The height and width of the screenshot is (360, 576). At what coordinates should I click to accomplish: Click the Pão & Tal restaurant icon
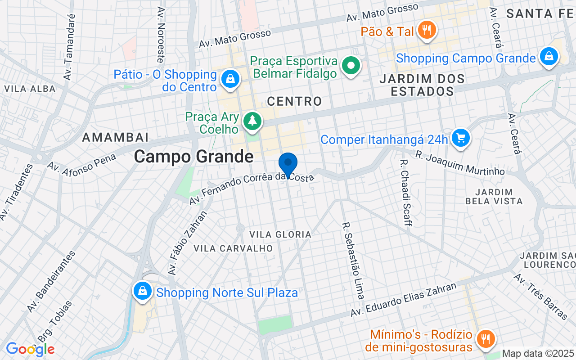pos(425,31)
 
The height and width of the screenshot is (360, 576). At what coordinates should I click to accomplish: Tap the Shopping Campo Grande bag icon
pos(549,57)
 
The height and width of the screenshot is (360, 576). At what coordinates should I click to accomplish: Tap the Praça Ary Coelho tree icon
pos(252,121)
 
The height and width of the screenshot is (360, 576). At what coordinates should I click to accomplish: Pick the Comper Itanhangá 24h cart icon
pos(460,138)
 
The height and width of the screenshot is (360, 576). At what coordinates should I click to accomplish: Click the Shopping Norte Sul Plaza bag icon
pos(143,291)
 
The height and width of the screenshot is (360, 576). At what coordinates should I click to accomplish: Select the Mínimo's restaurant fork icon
pos(485,338)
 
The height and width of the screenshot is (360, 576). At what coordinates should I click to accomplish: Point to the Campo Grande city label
pos(194,157)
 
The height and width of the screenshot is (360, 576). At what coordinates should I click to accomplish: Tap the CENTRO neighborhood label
pos(295,101)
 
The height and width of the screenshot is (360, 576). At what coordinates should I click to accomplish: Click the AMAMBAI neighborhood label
pos(115,137)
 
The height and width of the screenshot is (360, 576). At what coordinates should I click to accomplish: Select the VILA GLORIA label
pos(280,234)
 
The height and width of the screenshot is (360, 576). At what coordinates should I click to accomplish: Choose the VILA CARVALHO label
pos(233,248)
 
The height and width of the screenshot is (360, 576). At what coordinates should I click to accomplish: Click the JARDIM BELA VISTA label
pos(494,197)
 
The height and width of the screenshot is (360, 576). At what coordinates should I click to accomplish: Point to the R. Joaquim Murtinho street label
pos(460,162)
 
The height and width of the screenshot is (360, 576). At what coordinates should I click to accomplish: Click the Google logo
pos(30,349)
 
